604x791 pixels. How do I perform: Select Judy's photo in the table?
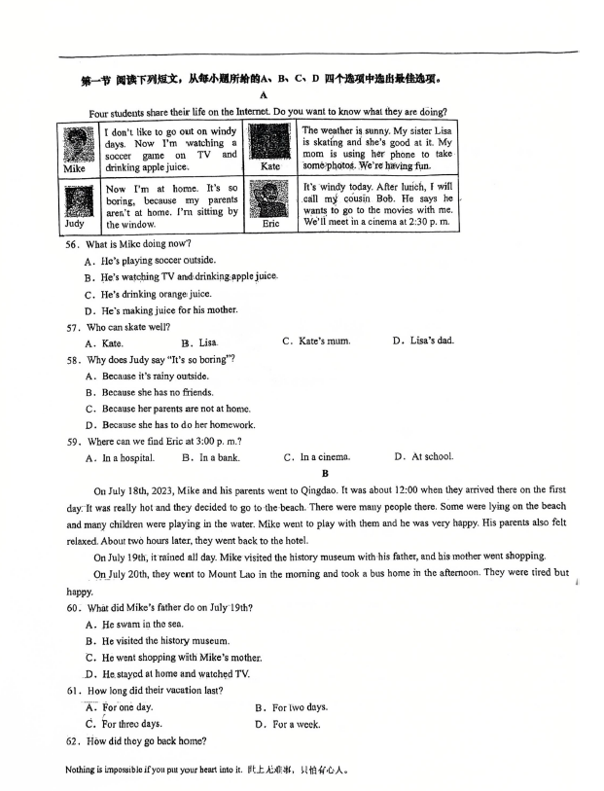[74, 200]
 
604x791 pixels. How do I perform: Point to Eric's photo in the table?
[270, 199]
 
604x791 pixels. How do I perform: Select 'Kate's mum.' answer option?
[316, 342]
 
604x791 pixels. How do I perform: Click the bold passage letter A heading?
[264, 95]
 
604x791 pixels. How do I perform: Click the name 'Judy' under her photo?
[74, 224]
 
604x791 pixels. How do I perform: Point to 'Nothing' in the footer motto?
[84, 770]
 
